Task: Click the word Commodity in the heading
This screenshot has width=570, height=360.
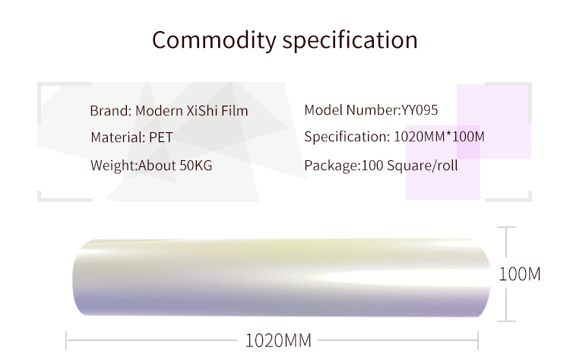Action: click(x=214, y=40)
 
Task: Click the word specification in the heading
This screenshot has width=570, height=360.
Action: click(x=350, y=40)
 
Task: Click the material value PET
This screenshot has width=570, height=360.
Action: click(x=160, y=137)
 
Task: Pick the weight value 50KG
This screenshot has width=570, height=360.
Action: click(x=196, y=166)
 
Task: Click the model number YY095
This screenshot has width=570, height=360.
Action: click(x=420, y=109)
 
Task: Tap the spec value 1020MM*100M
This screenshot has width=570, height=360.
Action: click(x=439, y=137)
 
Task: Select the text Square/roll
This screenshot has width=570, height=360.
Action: click(x=423, y=166)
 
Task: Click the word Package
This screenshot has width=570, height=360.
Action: click(x=331, y=166)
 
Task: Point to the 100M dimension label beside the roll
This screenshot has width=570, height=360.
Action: click(x=520, y=274)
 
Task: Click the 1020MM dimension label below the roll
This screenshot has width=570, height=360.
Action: click(x=278, y=341)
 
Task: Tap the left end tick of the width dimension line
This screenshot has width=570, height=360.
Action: click(x=66, y=341)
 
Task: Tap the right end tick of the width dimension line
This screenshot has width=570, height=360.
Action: click(x=478, y=341)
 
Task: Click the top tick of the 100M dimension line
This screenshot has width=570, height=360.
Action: click(x=506, y=227)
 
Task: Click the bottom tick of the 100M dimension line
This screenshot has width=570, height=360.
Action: click(x=506, y=321)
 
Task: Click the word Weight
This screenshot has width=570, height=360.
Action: click(x=113, y=166)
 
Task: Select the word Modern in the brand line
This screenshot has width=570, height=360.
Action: click(x=159, y=110)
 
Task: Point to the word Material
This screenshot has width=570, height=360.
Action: click(x=118, y=137)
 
